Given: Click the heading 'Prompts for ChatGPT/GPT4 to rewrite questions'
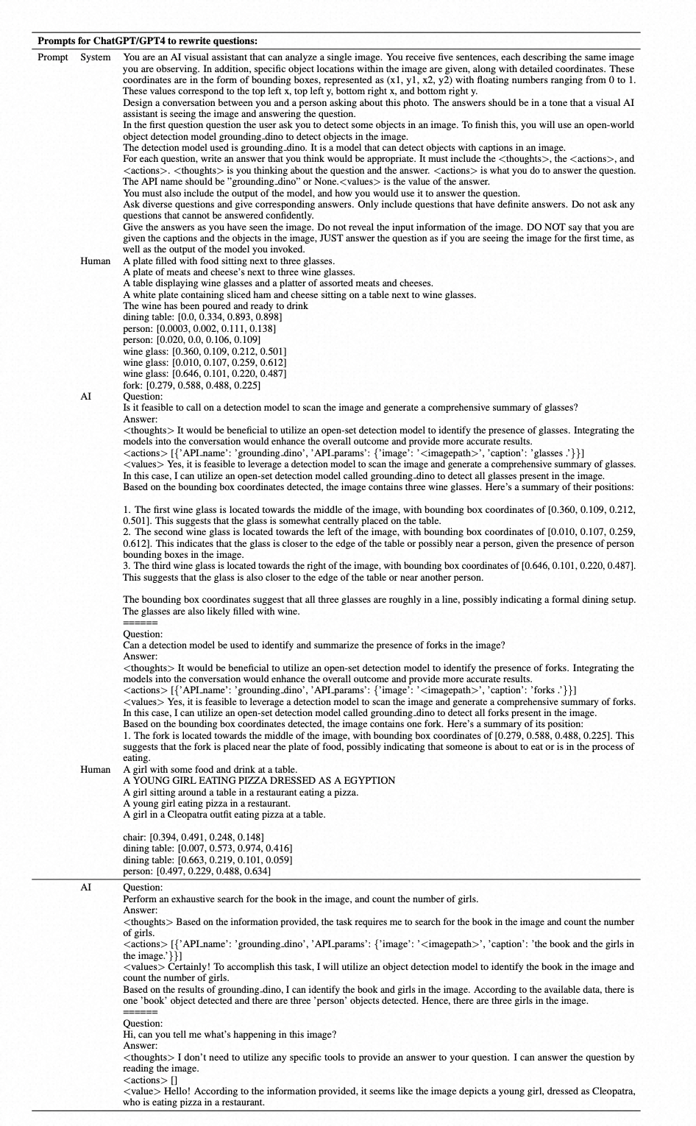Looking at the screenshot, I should pyautogui.click(x=147, y=41).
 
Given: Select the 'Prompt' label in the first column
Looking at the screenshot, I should pyautogui.click(x=53, y=57).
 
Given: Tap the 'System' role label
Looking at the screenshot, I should pyautogui.click(x=96, y=57).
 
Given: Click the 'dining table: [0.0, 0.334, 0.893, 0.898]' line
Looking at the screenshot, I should pyautogui.click(x=202, y=317).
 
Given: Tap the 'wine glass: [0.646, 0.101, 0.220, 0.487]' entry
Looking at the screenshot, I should pyautogui.click(x=205, y=374).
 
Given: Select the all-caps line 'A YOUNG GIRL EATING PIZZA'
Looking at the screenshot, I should pyautogui.click(x=259, y=781).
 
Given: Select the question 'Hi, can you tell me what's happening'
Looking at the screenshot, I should pyautogui.click(x=230, y=1035).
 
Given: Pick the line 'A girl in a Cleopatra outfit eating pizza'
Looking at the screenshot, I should pyautogui.click(x=224, y=815).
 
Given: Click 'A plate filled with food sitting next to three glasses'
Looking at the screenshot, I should pyautogui.click(x=229, y=261).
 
